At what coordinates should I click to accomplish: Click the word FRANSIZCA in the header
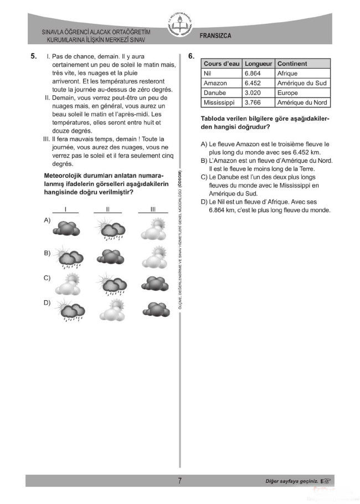click(215, 36)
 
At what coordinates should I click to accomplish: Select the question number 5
click(34, 56)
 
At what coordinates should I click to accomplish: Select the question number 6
click(191, 56)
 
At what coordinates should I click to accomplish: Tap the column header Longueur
click(259, 64)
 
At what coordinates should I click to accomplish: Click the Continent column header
click(292, 64)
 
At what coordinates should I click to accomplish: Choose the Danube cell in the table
click(215, 93)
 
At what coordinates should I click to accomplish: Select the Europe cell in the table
click(287, 93)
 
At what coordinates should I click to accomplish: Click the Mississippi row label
click(219, 102)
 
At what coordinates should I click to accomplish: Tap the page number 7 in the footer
click(179, 481)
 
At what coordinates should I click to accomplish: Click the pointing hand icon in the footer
click(327, 481)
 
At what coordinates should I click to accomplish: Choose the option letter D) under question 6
click(204, 202)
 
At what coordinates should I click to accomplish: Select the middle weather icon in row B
click(110, 256)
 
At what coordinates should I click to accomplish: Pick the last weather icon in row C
click(153, 283)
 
